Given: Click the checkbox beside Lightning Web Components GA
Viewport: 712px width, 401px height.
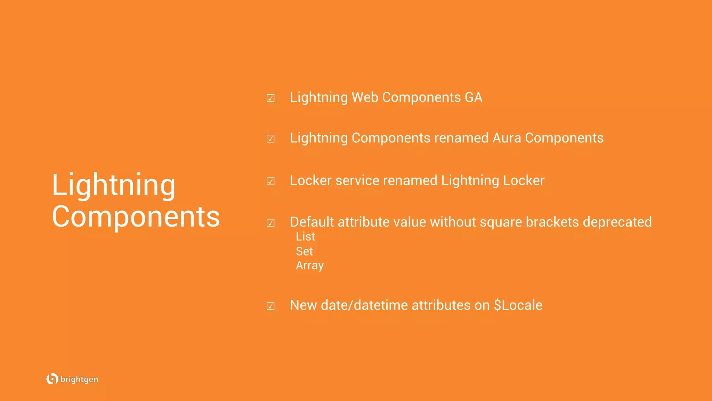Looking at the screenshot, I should (x=270, y=98).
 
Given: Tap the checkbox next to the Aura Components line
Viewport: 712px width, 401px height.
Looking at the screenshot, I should (x=270, y=139).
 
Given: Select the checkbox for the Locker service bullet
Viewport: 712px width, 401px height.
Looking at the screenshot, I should (x=270, y=181).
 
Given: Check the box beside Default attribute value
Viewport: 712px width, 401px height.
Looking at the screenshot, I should (x=270, y=223).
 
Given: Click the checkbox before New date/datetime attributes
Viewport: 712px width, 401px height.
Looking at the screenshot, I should (x=270, y=306).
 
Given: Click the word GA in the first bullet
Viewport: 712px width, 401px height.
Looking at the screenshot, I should (x=474, y=97).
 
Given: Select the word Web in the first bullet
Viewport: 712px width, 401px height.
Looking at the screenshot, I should (x=365, y=97).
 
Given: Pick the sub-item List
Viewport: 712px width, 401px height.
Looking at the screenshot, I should (x=305, y=237).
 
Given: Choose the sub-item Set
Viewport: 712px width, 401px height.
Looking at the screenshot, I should (x=304, y=251).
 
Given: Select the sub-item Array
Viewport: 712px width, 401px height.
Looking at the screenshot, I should (x=310, y=266).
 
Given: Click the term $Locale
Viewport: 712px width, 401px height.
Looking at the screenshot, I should (x=518, y=305).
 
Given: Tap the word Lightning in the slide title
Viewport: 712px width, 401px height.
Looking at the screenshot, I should (x=114, y=185).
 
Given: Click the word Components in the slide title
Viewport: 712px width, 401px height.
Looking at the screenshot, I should (x=136, y=217).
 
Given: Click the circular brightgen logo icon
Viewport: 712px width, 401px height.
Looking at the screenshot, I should (x=52, y=379).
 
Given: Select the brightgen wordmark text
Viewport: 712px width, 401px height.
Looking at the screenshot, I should (x=79, y=379).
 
